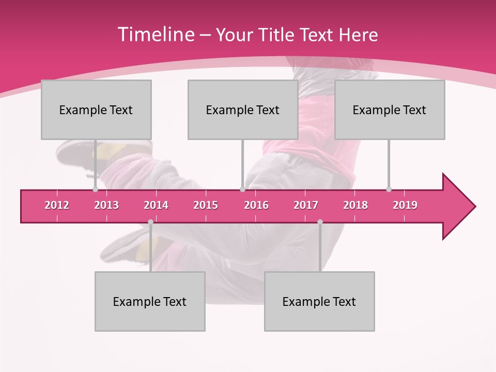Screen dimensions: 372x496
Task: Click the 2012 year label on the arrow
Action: pyautogui.click(x=57, y=205)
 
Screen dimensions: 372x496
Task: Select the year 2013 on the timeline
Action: pyautogui.click(x=106, y=205)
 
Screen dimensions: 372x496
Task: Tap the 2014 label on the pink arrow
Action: pyautogui.click(x=156, y=205)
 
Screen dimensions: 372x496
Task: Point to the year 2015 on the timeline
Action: pyautogui.click(x=206, y=205)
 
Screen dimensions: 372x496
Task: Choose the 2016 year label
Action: pyautogui.click(x=256, y=205)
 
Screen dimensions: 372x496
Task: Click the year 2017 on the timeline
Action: pyautogui.click(x=306, y=205)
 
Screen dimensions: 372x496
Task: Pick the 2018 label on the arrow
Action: pyautogui.click(x=355, y=205)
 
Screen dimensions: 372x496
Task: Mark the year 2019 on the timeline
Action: pyautogui.click(x=405, y=205)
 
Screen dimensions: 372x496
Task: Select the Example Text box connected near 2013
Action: pyautogui.click(x=96, y=110)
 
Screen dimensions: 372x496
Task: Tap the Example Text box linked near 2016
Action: pyautogui.click(x=243, y=110)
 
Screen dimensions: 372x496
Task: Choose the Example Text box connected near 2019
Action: pyautogui.click(x=390, y=110)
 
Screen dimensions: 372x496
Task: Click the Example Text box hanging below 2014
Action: pyautogui.click(x=150, y=301)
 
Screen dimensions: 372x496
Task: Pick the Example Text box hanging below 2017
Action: pyautogui.click(x=319, y=301)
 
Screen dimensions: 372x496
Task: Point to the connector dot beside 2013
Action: pyautogui.click(x=95, y=190)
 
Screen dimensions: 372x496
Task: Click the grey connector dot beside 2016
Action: pyautogui.click(x=242, y=190)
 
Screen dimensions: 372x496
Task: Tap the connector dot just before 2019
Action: pyautogui.click(x=389, y=190)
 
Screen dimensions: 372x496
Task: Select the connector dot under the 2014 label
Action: pyautogui.click(x=150, y=222)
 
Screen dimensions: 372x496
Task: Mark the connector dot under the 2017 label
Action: pyautogui.click(x=320, y=222)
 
